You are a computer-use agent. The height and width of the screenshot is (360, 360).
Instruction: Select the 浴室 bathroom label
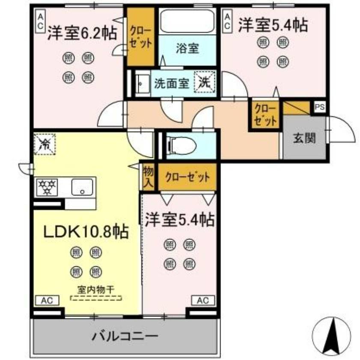(187, 48)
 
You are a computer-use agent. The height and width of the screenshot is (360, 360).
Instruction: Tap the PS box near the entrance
(320, 107)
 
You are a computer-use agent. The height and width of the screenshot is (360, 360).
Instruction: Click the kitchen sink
(83, 187)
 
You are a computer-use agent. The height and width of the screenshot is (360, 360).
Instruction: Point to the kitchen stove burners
(48, 187)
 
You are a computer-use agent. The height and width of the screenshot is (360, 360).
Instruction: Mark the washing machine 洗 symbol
(205, 82)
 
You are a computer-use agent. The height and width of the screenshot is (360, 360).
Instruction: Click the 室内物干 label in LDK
(95, 289)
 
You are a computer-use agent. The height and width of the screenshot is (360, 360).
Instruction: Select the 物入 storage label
(148, 177)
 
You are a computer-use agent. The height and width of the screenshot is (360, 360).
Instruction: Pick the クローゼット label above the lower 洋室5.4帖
(187, 177)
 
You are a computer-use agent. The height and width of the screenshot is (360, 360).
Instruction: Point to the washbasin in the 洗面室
(141, 83)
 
